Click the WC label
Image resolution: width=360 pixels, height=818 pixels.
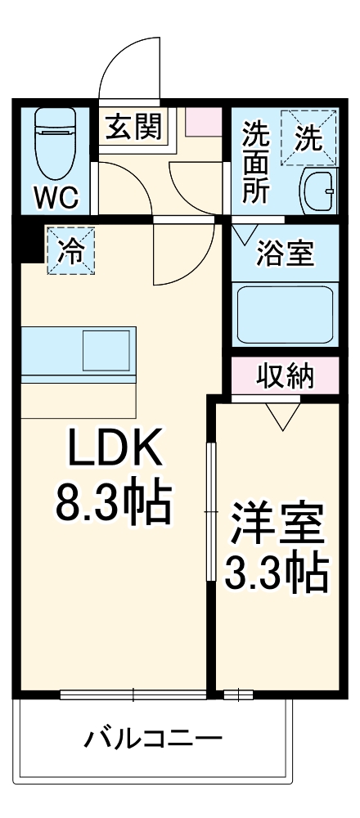pos(56,196)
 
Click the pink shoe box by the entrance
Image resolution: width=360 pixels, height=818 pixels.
pos(203,124)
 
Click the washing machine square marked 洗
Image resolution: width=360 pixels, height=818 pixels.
pos(309,137)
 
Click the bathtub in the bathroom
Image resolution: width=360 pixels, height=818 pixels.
pos(284,314)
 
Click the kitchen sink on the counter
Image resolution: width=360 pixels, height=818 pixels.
pos(106,349)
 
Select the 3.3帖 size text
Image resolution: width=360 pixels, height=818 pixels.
pos(276,576)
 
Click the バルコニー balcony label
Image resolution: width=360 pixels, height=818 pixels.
pos(154,741)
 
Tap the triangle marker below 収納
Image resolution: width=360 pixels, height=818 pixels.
pos(286,416)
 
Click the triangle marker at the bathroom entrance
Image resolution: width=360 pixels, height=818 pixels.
pos(243,232)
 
